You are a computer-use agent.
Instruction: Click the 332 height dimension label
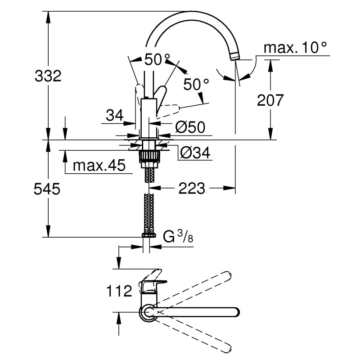[48, 76]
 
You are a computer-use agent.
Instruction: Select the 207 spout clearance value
[270, 100]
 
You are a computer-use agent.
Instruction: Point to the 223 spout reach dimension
[191, 188]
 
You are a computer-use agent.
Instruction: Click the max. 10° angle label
[295, 47]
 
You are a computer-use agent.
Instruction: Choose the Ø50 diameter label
[190, 128]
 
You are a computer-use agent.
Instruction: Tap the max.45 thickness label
[99, 166]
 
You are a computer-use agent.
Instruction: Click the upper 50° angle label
[157, 59]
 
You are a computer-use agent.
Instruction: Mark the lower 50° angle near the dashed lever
[197, 84]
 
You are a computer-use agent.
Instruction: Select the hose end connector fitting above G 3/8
[148, 234]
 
